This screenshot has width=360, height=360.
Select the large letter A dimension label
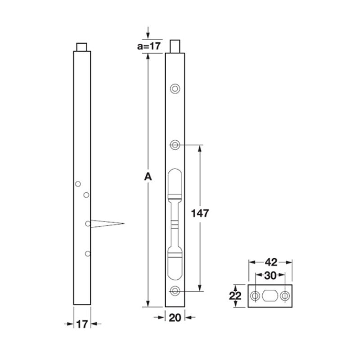coord(147,178)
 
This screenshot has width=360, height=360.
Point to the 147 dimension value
coord(200,213)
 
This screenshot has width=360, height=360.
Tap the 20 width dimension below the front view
coord(175,318)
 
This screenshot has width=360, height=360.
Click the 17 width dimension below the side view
coord(82,323)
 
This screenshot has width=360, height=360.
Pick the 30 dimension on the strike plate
coord(270,276)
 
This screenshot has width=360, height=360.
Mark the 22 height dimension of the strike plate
coord(235,296)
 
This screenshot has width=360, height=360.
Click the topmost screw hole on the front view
coord(175,88)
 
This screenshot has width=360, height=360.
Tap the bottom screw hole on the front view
coord(175,290)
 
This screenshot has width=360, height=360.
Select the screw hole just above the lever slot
coord(175,144)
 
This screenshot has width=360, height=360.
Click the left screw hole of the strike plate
coord(255,296)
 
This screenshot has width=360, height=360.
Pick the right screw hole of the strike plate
coord(285,296)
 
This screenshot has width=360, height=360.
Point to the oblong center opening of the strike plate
coord(270,296)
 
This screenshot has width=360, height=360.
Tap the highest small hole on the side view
coord(78,184)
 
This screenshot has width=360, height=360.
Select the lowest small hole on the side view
coord(87,254)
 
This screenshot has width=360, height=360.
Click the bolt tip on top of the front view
coord(175,46)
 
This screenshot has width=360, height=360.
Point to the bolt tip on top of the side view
coord(82,46)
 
